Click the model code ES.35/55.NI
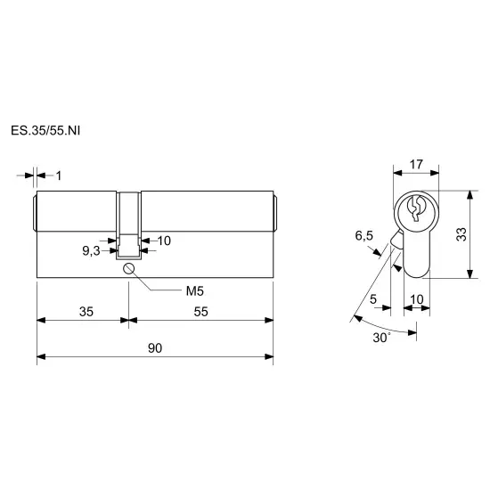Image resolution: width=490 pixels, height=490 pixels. (45, 131)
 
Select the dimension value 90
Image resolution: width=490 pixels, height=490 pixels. (155, 348)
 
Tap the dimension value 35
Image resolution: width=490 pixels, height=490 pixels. (86, 312)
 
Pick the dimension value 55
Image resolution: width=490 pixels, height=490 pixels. (201, 312)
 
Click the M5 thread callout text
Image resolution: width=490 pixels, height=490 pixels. (195, 291)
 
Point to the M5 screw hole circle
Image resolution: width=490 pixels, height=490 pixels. (129, 268)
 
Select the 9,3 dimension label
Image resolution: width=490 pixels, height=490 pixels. (91, 250)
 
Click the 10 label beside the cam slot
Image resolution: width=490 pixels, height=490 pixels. (164, 241)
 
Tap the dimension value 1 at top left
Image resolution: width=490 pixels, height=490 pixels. (59, 176)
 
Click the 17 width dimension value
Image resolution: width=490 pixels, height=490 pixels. (416, 165)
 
